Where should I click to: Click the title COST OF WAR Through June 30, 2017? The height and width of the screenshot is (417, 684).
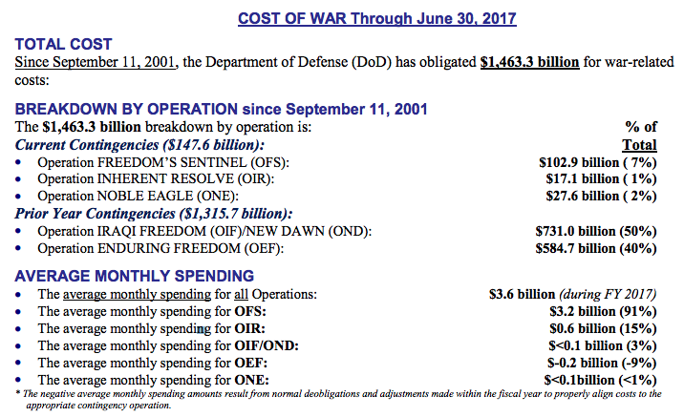click(x=377, y=19)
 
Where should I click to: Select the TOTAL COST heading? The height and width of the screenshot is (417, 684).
click(x=64, y=44)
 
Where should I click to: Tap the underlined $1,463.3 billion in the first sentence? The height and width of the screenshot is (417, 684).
click(x=529, y=62)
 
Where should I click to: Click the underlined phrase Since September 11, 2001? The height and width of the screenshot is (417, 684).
click(x=96, y=62)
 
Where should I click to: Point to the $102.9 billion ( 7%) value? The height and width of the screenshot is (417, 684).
click(x=598, y=162)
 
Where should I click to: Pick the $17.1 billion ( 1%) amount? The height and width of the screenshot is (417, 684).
click(x=601, y=179)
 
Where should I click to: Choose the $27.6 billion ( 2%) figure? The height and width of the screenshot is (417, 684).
click(x=601, y=196)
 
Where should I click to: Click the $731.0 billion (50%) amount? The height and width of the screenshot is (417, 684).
click(x=596, y=231)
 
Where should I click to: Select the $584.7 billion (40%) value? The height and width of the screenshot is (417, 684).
click(x=596, y=248)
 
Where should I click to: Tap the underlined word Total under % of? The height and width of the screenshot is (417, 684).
click(x=639, y=145)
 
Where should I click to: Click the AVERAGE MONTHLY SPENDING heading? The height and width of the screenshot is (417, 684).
click(x=135, y=276)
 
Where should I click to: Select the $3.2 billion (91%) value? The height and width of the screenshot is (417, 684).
click(x=604, y=311)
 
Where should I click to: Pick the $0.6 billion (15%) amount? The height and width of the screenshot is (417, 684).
click(x=604, y=328)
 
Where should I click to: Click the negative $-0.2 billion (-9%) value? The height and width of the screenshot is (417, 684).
click(x=602, y=363)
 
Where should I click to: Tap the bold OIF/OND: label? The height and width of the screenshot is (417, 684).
click(x=267, y=346)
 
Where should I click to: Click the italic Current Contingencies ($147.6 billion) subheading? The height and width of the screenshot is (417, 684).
click(x=139, y=145)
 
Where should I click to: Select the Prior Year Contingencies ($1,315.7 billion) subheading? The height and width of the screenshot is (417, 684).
click(x=154, y=214)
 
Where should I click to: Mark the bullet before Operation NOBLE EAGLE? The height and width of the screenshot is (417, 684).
click(x=18, y=197)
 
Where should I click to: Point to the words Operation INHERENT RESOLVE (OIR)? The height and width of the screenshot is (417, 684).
click(x=156, y=179)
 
